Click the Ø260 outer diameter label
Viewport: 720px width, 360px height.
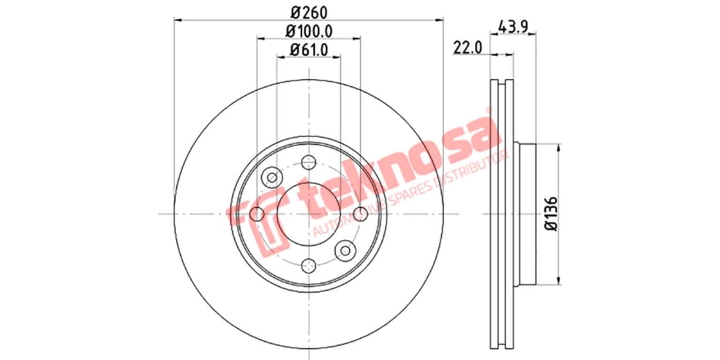coord(308,10)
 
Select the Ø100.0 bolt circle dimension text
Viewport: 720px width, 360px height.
coord(308,29)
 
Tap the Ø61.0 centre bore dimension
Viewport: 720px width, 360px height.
coord(308,50)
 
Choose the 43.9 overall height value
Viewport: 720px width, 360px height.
coord(514,26)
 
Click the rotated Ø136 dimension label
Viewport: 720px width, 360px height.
coord(551,214)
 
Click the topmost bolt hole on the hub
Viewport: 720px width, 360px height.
coord(309,161)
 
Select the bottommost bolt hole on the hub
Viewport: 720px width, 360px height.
coord(309,266)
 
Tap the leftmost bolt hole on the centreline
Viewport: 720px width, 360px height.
coord(257,214)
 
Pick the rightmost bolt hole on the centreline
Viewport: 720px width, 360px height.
coord(361,214)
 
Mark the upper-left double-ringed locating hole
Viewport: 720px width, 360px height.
coord(272,177)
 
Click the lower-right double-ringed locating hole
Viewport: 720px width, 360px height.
coord(346,250)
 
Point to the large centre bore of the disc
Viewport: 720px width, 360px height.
coord(309,214)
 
